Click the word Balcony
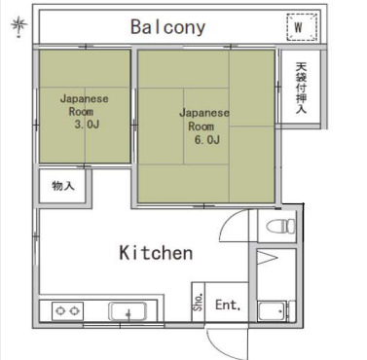[167, 27]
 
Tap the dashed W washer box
[302, 27]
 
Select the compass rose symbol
[18, 26]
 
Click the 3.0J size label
[87, 125]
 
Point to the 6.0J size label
[207, 140]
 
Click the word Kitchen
[156, 253]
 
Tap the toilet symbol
[280, 226]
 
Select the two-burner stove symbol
[67, 311]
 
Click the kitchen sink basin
[128, 311]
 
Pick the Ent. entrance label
[228, 305]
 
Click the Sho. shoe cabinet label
[199, 302]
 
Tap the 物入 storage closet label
[63, 186]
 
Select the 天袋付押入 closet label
[301, 88]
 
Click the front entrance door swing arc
[216, 345]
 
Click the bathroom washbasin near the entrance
[272, 311]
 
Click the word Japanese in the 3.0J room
[85, 98]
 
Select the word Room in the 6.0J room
[202, 126]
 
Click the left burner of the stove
[60, 311]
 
